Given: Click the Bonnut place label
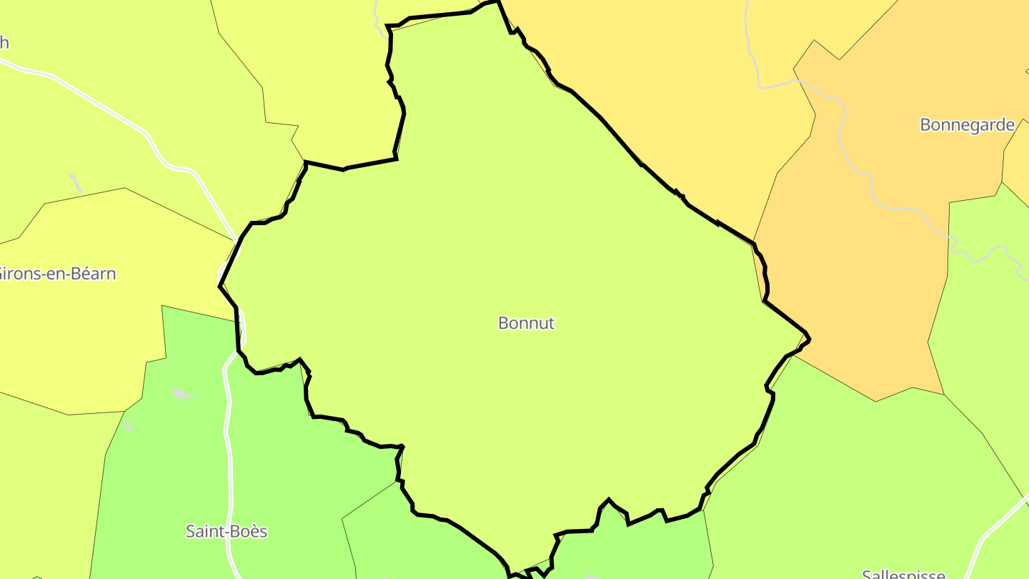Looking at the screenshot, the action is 526,323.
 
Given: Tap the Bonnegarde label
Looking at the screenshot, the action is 967,125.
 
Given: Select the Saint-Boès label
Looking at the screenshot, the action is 226,531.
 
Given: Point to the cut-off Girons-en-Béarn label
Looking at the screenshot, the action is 57,274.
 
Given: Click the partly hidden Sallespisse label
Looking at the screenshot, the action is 903,574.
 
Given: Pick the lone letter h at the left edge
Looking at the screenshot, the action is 4,43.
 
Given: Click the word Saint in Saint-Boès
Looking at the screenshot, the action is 202,531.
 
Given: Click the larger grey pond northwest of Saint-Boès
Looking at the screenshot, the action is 182,394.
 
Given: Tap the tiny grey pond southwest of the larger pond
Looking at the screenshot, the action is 128,427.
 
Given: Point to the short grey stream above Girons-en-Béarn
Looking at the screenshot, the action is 75,182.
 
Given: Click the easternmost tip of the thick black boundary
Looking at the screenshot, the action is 809,339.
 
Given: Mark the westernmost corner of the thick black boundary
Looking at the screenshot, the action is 220,286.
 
